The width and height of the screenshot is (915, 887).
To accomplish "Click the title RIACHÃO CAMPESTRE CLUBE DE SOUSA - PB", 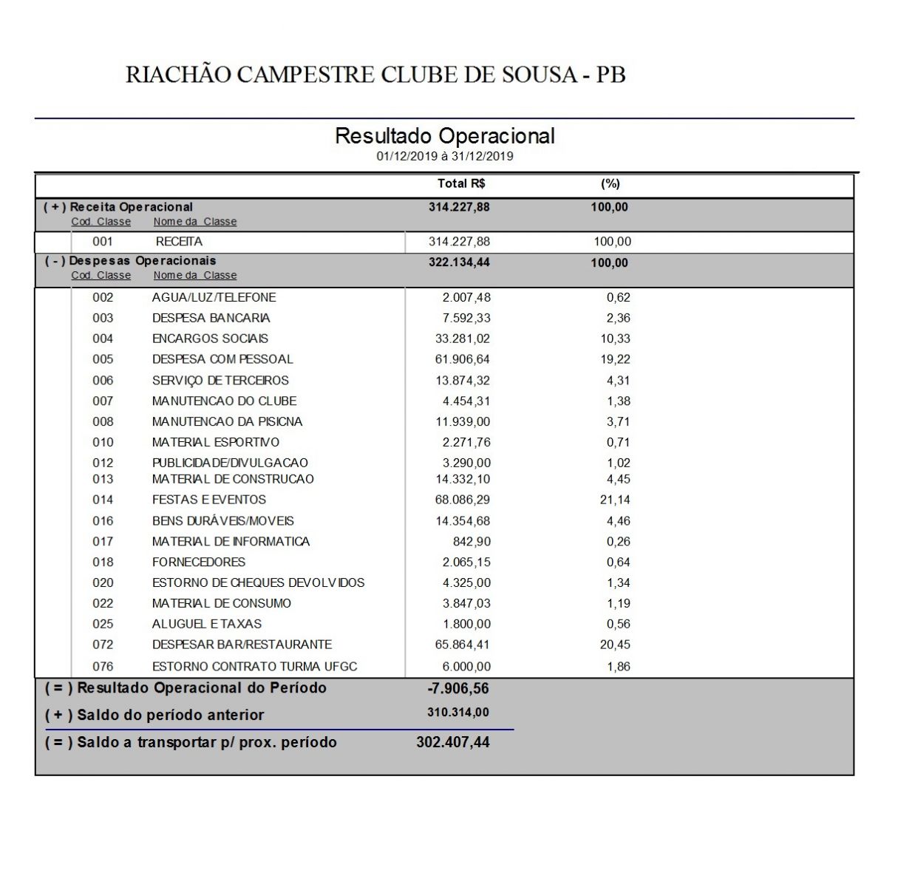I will pyautogui.click(x=375, y=75).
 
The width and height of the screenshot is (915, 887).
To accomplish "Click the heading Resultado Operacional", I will pyautogui.click(x=444, y=136).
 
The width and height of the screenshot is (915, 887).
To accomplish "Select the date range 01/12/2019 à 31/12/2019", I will pyautogui.click(x=444, y=157).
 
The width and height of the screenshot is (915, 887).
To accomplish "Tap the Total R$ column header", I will pyautogui.click(x=461, y=183).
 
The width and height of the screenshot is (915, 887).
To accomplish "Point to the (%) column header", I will pyautogui.click(x=610, y=183).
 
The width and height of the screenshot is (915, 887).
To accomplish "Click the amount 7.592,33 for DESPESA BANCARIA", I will pyautogui.click(x=463, y=318).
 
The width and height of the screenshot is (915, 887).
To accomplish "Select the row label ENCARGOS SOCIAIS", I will pyautogui.click(x=210, y=339).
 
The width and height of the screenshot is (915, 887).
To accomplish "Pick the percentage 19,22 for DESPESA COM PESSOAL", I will pyautogui.click(x=615, y=359).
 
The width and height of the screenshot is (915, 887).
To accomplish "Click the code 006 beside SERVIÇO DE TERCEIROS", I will pyautogui.click(x=103, y=381).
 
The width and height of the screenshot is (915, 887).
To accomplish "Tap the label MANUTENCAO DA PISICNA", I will pyautogui.click(x=227, y=421).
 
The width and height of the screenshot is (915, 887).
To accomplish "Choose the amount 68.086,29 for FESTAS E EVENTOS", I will pyautogui.click(x=462, y=500).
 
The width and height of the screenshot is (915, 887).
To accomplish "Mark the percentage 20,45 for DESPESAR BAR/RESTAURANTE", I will pyautogui.click(x=615, y=645).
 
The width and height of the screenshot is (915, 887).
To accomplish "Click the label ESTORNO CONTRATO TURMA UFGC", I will pyautogui.click(x=254, y=667).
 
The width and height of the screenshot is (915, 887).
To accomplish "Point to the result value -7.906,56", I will pyautogui.click(x=458, y=689).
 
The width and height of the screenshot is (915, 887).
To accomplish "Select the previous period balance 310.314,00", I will pyautogui.click(x=458, y=713).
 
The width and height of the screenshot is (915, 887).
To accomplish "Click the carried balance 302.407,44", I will pyautogui.click(x=453, y=742).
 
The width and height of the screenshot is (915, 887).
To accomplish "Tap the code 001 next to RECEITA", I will pyautogui.click(x=103, y=242).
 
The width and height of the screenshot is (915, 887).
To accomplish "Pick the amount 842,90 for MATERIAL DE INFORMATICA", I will pyautogui.click(x=472, y=541).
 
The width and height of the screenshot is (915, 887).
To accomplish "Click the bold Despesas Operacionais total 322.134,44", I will pyautogui.click(x=459, y=262).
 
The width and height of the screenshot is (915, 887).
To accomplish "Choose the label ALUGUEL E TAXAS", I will pyautogui.click(x=207, y=624).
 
